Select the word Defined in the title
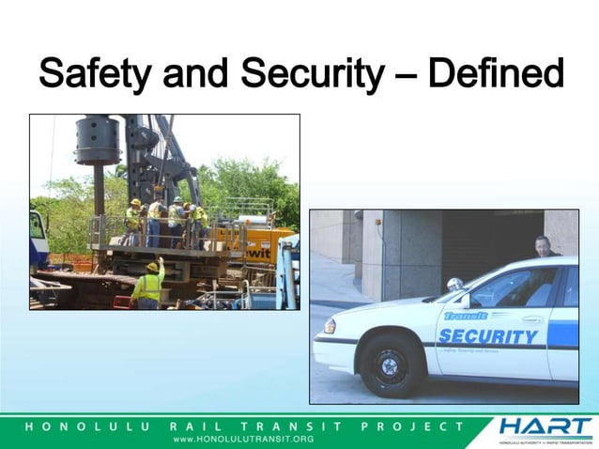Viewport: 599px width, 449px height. coord(496,73)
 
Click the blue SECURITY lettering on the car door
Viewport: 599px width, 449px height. coord(488,336)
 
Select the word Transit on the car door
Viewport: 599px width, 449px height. coord(467,317)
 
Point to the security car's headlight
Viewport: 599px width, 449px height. coord(330,326)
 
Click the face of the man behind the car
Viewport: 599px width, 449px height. coord(542,245)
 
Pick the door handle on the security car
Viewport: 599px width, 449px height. coord(532,319)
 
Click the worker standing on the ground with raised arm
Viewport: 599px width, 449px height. coord(147,285)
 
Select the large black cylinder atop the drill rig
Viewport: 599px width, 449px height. coord(99,139)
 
